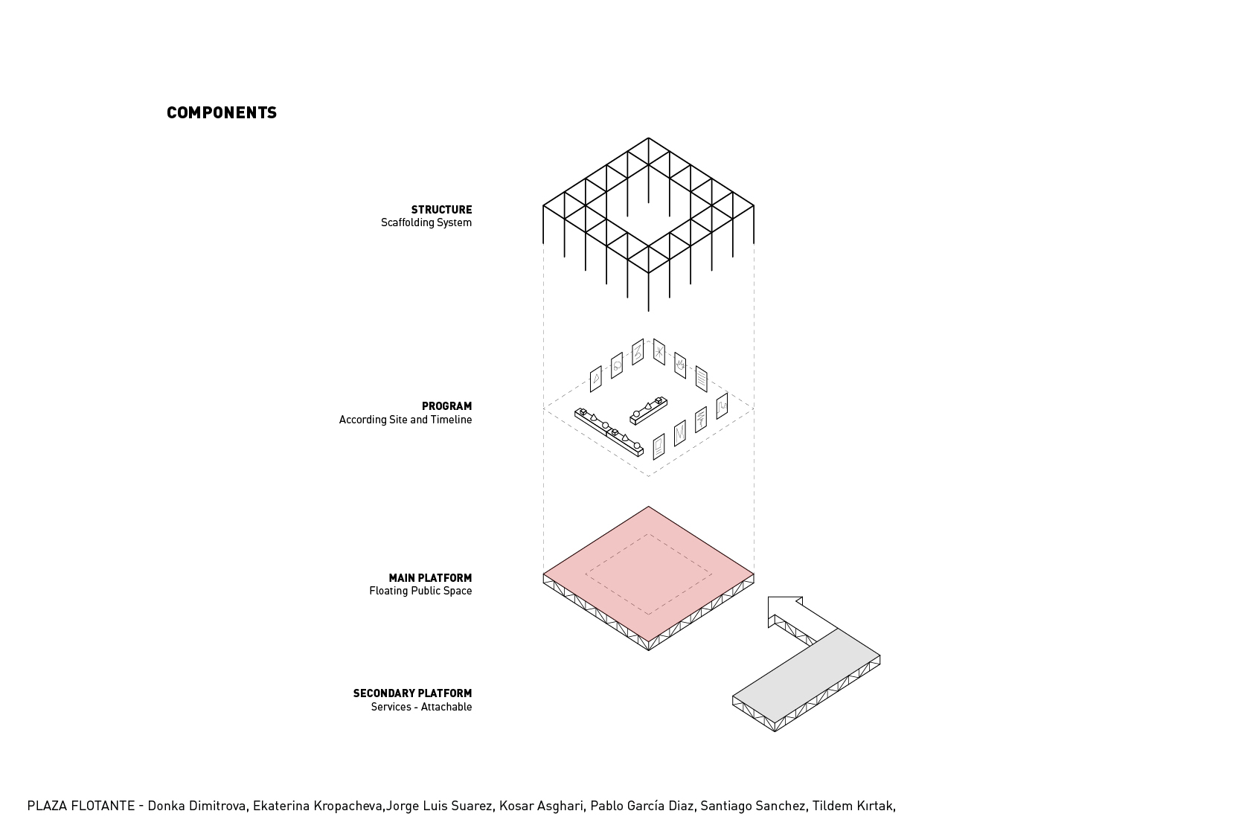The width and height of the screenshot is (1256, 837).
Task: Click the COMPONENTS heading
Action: (222, 113)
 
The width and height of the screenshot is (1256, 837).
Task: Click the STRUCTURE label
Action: (441, 210)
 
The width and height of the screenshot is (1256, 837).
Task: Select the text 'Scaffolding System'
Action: (426, 222)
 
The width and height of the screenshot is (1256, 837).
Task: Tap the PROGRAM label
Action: (446, 406)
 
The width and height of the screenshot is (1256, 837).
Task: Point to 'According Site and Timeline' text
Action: (406, 420)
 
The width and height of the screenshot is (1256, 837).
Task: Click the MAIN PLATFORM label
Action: (430, 578)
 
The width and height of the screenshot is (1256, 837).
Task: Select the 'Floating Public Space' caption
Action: (420, 591)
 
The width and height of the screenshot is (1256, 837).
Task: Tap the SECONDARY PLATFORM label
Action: (412, 693)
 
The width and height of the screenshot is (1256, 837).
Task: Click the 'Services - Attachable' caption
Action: (421, 707)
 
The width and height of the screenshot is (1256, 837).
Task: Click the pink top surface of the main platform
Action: (649, 574)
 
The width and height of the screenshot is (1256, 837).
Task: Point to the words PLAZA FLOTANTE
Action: (81, 806)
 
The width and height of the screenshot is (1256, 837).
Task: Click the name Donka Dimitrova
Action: (197, 806)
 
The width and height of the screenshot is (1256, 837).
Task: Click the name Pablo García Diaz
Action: (642, 806)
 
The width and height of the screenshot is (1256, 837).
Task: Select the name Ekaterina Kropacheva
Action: (318, 806)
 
